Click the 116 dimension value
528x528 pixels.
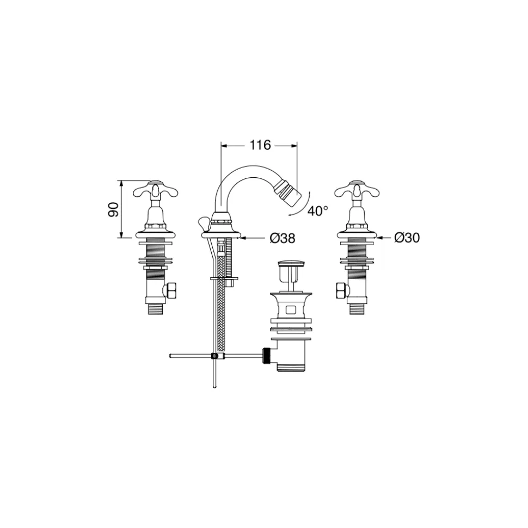pos(260,145)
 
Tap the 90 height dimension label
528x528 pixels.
pos(114,209)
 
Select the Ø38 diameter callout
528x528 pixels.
pos(283,238)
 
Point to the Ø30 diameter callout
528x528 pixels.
pos(407,238)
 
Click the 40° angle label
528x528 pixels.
pos(317,211)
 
